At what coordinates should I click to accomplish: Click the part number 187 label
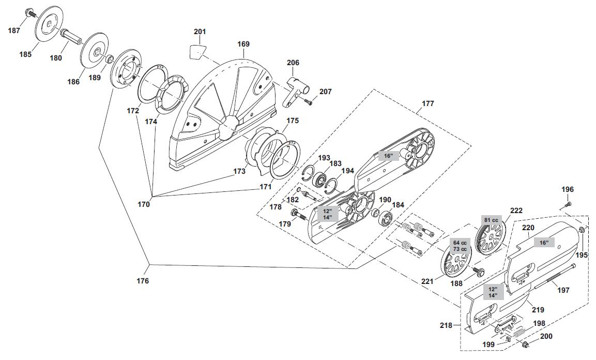[x=14, y=31]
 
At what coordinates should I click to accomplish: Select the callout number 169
[x=243, y=44]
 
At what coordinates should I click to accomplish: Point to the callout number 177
[x=428, y=103]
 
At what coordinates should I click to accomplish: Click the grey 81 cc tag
[x=491, y=220]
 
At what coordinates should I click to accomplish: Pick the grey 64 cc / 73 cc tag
[x=460, y=246]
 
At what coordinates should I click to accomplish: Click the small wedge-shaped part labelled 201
[x=195, y=51]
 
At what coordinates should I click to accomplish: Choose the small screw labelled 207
[x=308, y=103]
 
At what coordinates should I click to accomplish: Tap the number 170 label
[x=144, y=204]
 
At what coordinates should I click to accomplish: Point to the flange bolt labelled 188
[x=477, y=272]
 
